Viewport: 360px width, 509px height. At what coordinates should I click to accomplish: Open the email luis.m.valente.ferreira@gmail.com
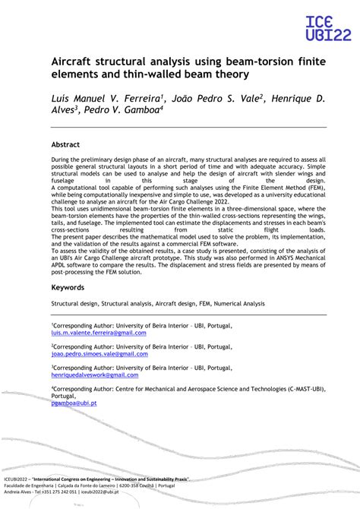pos(99,333)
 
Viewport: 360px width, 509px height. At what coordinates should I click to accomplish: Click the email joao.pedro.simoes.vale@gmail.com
pos(99,354)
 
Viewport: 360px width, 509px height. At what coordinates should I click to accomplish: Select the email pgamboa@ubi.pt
pos(74,403)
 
